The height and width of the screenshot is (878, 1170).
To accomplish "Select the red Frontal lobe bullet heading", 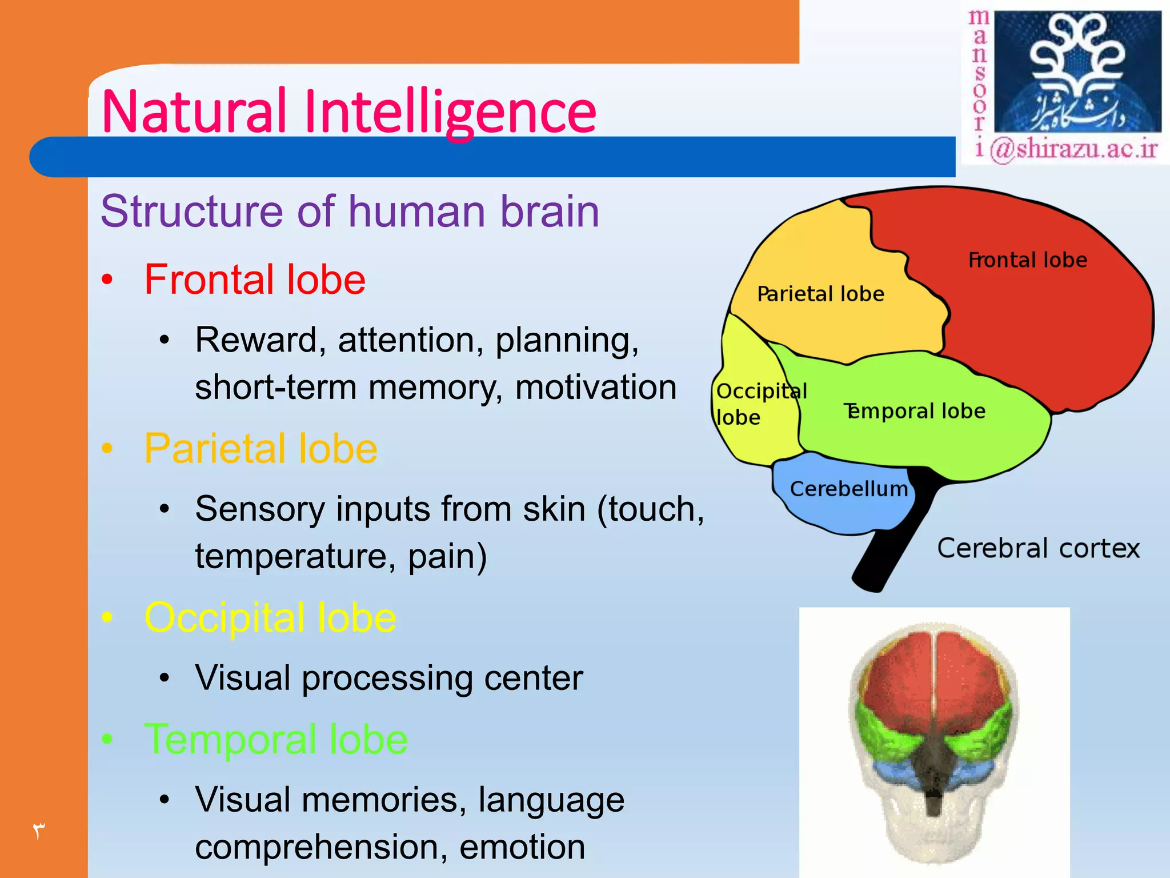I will click(255, 280).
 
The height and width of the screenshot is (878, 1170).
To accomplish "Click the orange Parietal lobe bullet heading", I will click(261, 449).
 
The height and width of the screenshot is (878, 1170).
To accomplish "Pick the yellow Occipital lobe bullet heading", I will click(270, 618).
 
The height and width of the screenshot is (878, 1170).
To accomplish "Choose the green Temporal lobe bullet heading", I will click(276, 739).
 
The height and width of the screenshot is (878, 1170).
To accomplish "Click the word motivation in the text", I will click(596, 387).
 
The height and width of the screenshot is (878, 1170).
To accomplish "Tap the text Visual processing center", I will click(388, 678).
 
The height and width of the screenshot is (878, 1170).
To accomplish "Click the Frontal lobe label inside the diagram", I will click(1027, 260).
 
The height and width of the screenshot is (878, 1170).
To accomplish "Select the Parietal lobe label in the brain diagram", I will click(820, 294).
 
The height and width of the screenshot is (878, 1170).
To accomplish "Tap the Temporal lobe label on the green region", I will click(914, 411).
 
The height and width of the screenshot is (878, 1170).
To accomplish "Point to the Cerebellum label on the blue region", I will click(848, 489).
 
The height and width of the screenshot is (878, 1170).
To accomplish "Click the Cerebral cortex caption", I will click(1038, 549).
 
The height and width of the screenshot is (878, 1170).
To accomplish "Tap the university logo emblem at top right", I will click(1077, 71).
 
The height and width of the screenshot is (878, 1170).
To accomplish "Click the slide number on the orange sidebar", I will click(38, 831).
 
